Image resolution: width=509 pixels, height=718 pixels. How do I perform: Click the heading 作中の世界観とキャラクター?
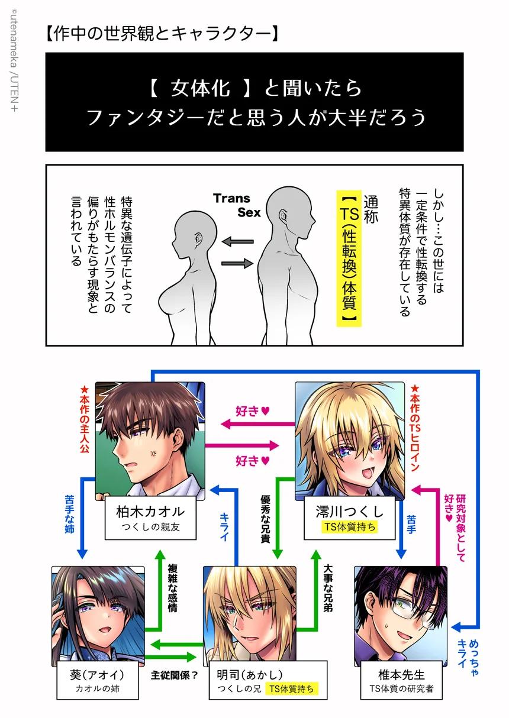(x=162, y=34)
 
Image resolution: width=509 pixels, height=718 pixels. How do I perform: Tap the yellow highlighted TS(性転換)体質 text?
(x=349, y=258)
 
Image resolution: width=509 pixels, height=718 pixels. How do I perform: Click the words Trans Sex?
(x=237, y=205)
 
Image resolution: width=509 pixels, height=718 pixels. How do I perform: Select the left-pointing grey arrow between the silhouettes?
(x=238, y=241)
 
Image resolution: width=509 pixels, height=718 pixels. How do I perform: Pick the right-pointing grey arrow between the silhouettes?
(x=238, y=263)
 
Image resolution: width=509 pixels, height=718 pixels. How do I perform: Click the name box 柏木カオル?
(x=150, y=518)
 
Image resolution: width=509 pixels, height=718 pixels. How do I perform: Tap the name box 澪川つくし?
(x=350, y=518)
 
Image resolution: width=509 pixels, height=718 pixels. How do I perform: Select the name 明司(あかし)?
(x=250, y=675)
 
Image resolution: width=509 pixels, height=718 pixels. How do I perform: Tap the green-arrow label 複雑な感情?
(x=173, y=588)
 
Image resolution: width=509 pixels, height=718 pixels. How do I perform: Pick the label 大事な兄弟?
(x=328, y=588)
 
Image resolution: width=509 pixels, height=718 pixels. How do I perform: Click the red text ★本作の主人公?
(x=85, y=419)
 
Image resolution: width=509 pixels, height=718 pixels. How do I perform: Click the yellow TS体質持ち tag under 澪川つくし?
(x=350, y=527)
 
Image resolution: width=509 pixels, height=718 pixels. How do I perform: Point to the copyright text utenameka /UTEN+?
(x=14, y=60)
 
